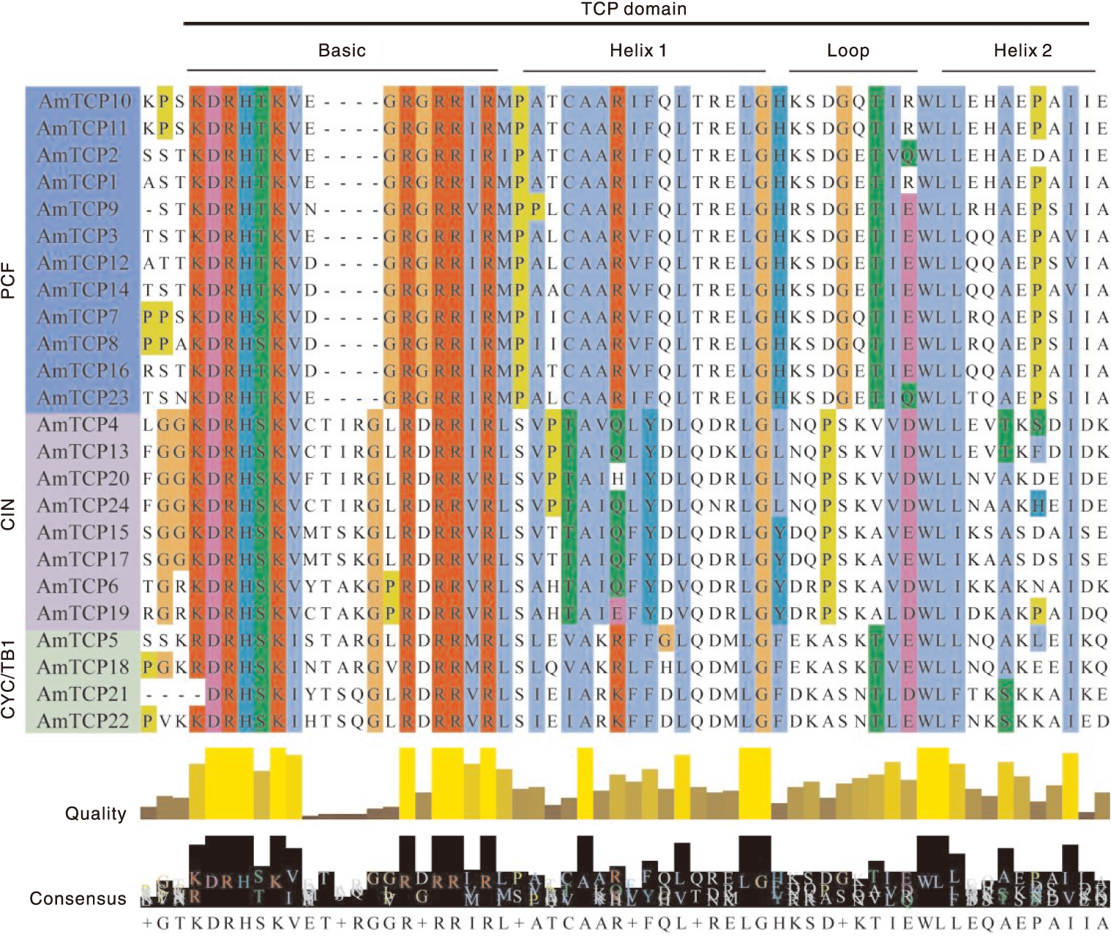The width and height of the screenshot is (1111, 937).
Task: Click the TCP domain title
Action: tap(634, 10)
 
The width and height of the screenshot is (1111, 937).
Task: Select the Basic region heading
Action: tap(342, 50)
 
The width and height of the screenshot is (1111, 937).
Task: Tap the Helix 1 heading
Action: tap(638, 50)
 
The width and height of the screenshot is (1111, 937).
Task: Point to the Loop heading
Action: tap(848, 50)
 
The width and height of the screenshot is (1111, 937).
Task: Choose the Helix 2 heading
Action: tap(1022, 50)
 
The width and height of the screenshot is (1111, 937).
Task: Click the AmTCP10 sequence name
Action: tap(84, 101)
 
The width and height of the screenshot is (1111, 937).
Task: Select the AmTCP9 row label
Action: tap(78, 209)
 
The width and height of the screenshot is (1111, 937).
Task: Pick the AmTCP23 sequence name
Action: tap(83, 398)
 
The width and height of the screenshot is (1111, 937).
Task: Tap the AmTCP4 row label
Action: tap(78, 425)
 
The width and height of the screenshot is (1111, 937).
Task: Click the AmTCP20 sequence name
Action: tap(83, 478)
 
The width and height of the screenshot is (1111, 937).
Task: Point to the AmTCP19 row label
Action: tap(83, 613)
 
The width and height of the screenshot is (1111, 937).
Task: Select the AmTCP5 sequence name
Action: tap(78, 640)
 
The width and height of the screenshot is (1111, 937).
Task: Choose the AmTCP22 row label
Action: tap(83, 721)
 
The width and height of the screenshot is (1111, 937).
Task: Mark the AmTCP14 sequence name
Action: tap(83, 290)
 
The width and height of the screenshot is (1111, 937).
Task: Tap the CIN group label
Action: tap(9, 514)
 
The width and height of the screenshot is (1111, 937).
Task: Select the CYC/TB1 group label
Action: tap(9, 680)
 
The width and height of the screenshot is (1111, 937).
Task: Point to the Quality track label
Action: tap(96, 813)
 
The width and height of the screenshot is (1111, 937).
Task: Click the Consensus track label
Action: tap(78, 899)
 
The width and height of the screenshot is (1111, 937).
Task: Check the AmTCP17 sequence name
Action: tap(83, 560)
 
